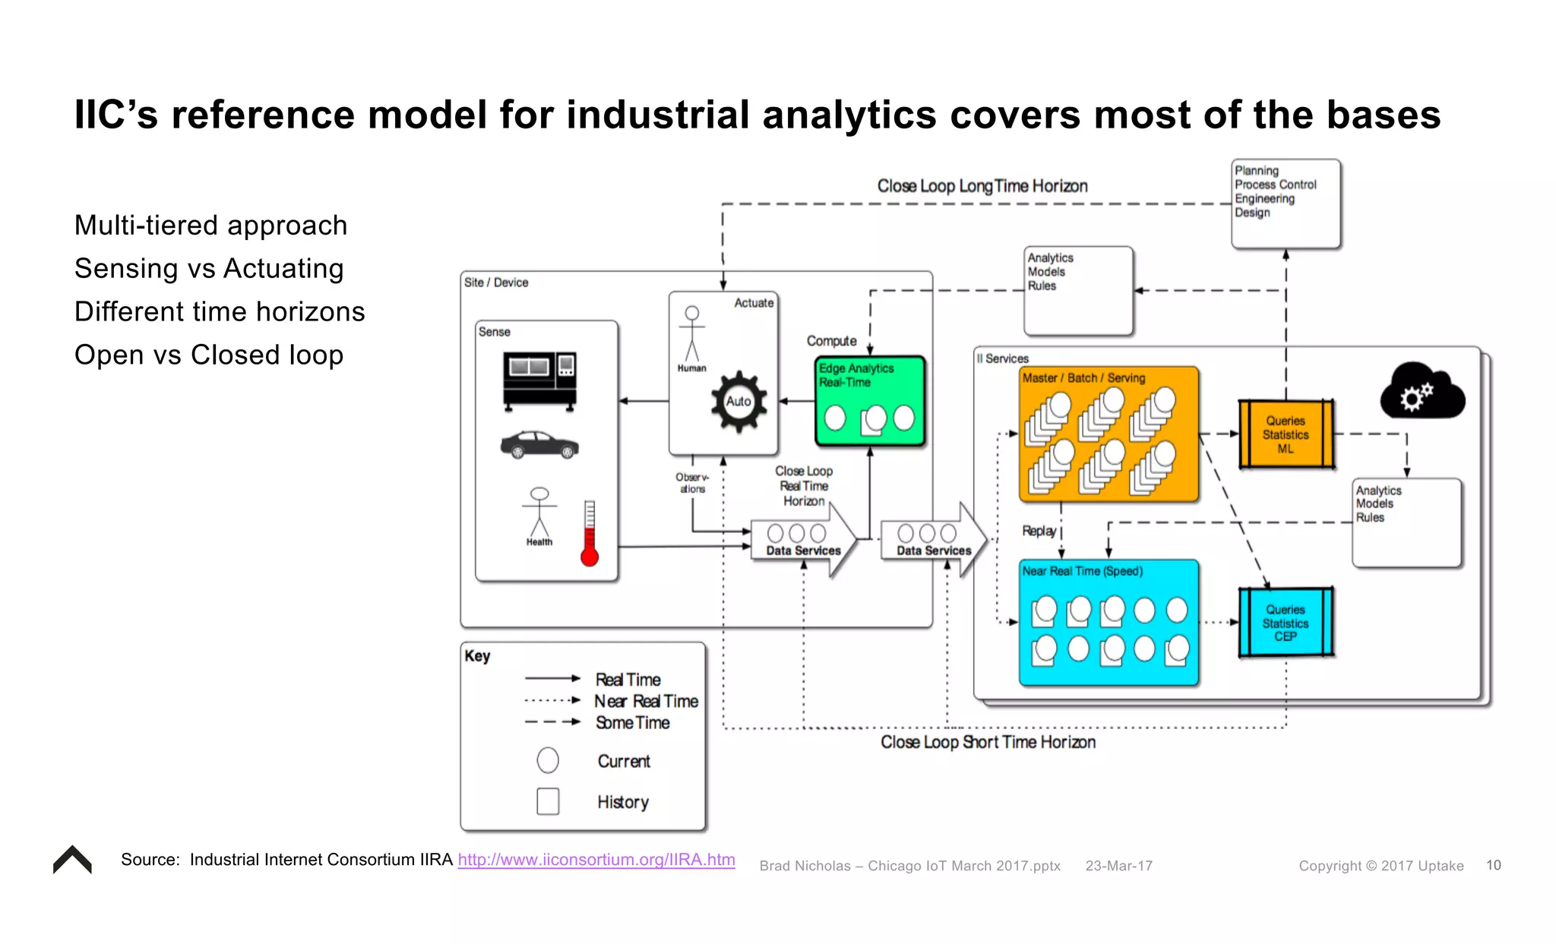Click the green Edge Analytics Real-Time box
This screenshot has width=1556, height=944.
pos(870,400)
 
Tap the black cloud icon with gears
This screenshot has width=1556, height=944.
pos(1422,392)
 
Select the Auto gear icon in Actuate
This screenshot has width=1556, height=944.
pos(738,402)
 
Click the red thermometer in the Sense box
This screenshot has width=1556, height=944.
pos(590,535)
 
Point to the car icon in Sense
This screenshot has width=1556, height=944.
pos(539,444)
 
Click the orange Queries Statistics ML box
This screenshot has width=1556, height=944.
pos(1286,434)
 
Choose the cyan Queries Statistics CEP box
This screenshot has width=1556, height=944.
pos(1286,623)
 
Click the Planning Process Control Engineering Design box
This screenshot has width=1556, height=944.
pos(1286,204)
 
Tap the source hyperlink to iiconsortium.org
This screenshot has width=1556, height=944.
pos(596,860)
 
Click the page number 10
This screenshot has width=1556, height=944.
pos(1493,865)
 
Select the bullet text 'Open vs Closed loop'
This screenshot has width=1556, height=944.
pos(209,355)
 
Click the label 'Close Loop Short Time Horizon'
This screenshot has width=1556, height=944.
pos(988,742)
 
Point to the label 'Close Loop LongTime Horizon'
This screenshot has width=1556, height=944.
pos(982,186)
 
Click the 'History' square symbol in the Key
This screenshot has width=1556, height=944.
pos(548,801)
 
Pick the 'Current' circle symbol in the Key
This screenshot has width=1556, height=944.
pos(548,760)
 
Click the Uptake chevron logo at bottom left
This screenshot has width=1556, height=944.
pos(72,860)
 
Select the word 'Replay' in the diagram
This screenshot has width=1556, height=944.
pos(1039,531)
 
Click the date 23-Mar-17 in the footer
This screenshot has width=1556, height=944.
pos(1118,866)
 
